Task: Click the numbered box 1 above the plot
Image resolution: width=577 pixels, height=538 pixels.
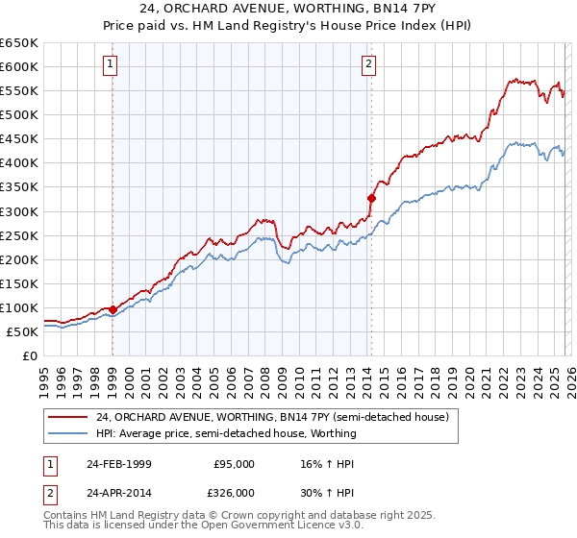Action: click(x=112, y=65)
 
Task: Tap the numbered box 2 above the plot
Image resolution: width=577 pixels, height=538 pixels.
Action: click(x=368, y=65)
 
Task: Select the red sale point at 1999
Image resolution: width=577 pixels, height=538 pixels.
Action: click(x=113, y=309)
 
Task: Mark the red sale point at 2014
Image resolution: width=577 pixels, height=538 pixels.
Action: click(x=371, y=198)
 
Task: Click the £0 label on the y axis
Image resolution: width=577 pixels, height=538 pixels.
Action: click(x=28, y=355)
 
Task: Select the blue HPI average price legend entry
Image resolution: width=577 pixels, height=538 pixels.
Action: click(x=226, y=433)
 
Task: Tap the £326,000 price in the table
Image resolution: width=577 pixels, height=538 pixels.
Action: click(x=235, y=492)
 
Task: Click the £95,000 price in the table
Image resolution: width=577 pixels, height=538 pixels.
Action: click(x=235, y=464)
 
